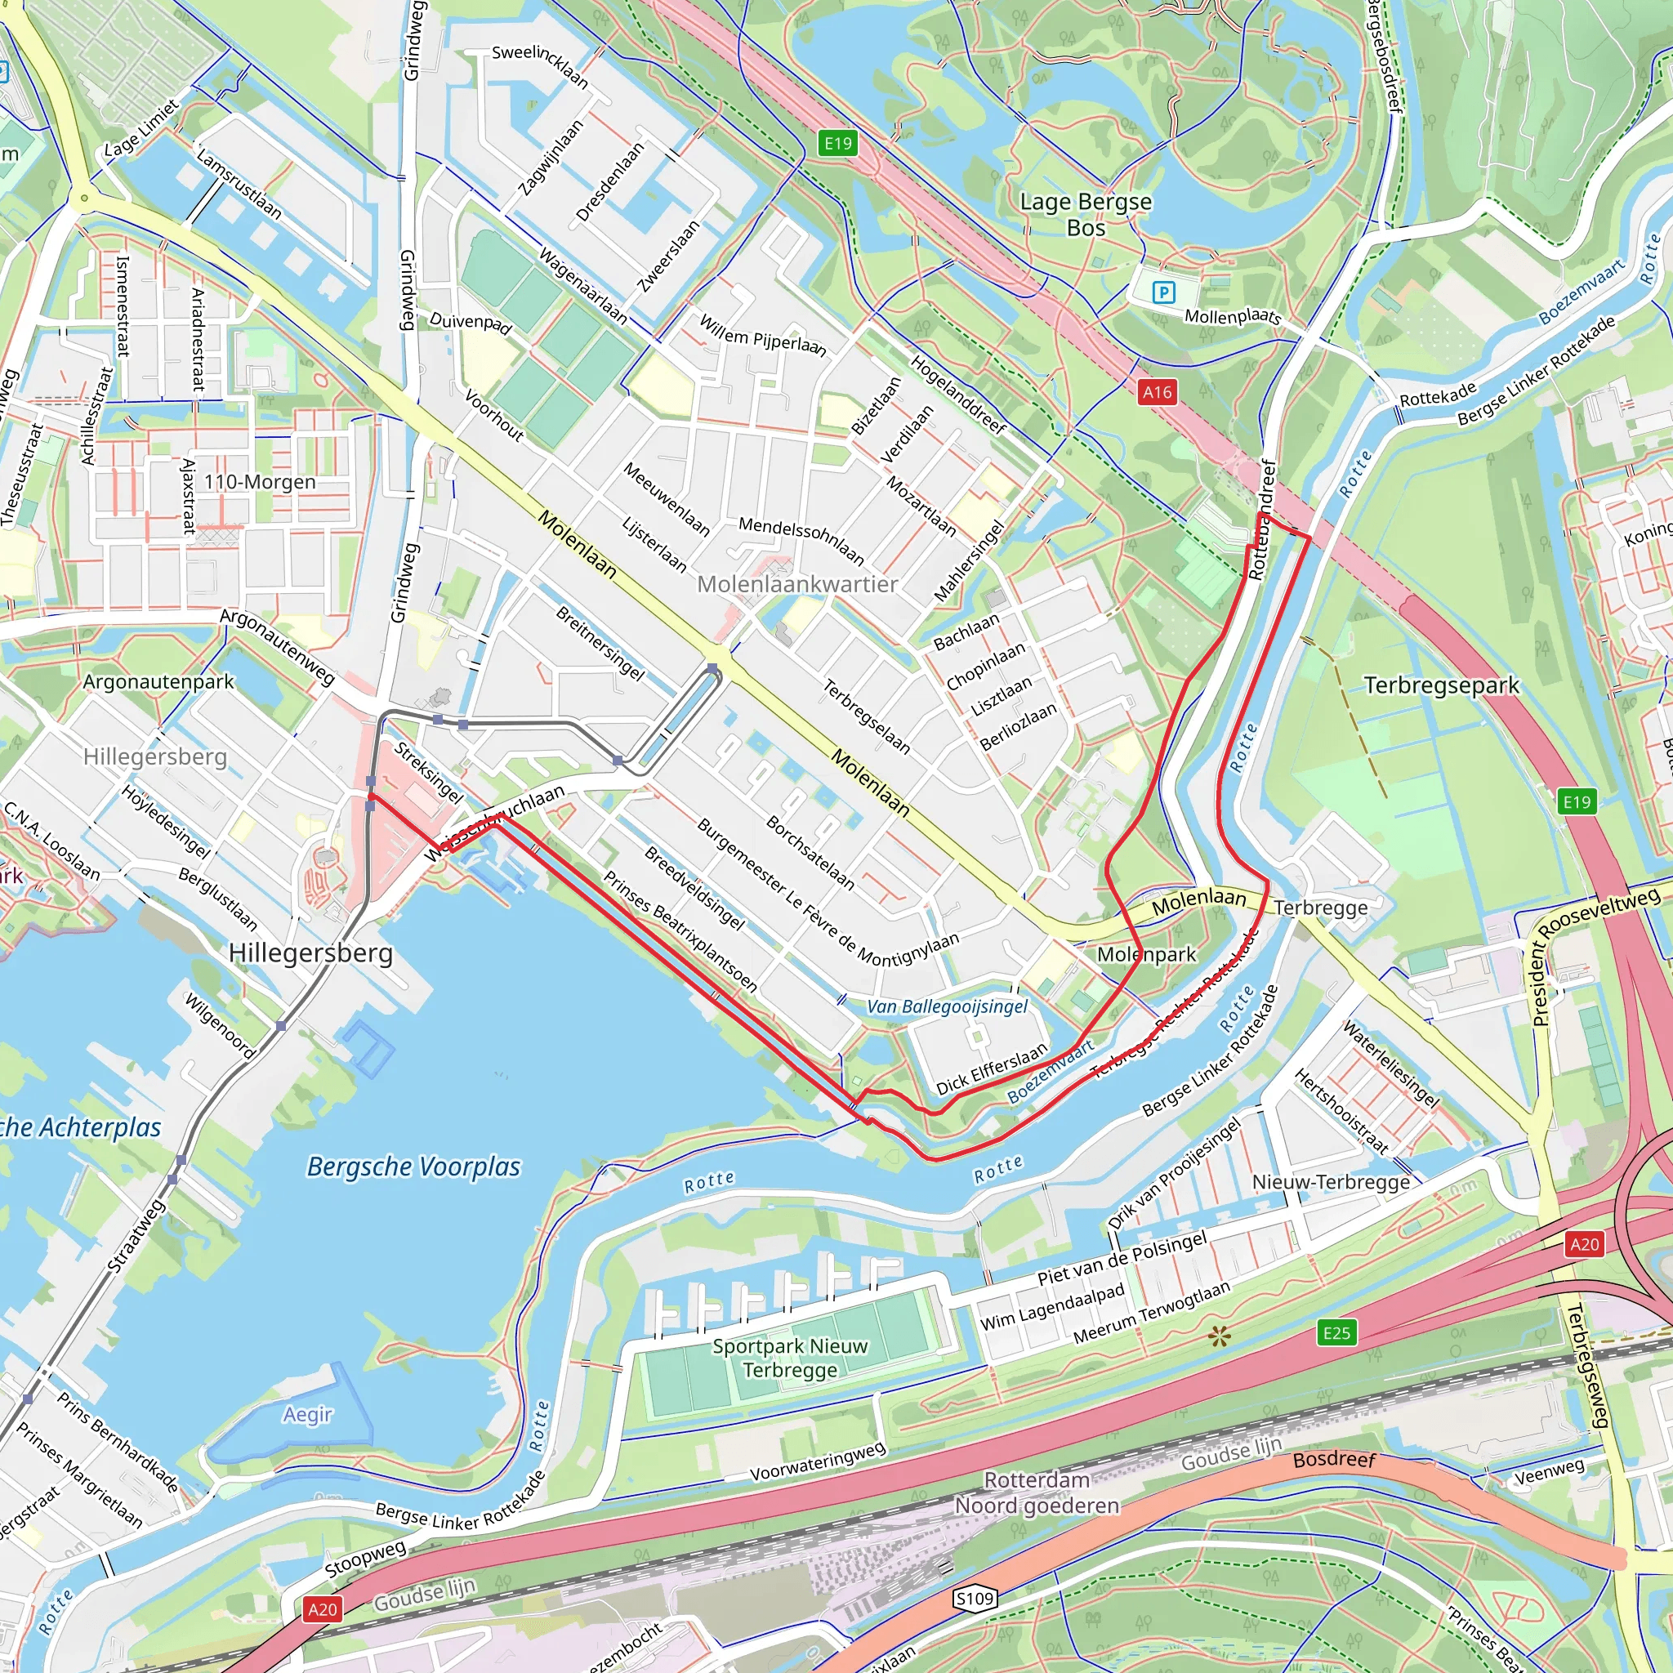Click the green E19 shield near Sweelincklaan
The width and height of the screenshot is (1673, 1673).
pos(837,143)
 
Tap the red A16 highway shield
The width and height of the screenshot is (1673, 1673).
pos(1157,392)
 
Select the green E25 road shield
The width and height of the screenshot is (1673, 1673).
pos(1336,1332)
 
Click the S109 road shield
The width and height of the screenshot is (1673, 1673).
pos(975,1598)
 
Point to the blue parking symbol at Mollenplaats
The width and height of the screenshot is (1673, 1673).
pos(1164,292)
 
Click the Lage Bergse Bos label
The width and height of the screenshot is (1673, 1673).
pos(1086,215)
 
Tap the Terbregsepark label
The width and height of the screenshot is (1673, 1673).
pos(1442,686)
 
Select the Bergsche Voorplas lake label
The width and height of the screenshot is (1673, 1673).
pos(414,1167)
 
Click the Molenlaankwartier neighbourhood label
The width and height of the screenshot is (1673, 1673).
pos(796,585)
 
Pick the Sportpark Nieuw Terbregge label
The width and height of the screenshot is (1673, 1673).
pos(790,1358)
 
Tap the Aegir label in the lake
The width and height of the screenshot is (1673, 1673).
pos(307,1414)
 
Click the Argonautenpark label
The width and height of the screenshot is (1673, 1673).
pos(158,682)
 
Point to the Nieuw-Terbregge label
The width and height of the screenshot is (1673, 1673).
pos(1331,1182)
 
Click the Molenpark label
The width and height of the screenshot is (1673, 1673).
pos(1146,954)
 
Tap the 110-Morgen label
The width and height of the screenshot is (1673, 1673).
pos(260,482)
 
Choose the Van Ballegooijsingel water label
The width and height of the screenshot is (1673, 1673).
pos(948,1006)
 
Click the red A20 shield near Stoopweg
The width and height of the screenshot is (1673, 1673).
pos(322,1610)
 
